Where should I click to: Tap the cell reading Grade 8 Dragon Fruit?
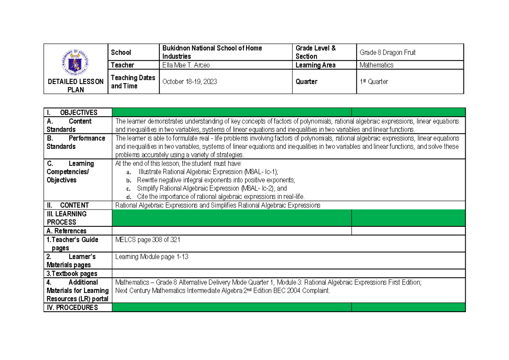tap(387, 53)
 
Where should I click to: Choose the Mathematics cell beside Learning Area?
tap(376, 65)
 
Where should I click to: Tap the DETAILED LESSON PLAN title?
tap(76, 86)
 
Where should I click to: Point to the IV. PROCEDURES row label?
tap(72, 308)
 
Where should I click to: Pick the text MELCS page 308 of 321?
tap(148, 240)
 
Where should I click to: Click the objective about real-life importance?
tap(221, 196)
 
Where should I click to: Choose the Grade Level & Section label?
tap(316, 52)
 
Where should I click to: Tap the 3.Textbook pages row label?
tap(72, 274)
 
